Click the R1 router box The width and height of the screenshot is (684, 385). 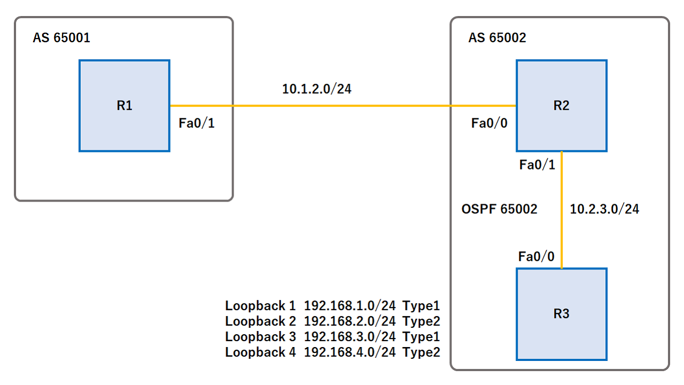tap(125, 106)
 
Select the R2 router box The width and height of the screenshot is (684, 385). tap(561, 106)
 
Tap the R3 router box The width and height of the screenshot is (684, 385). tap(561, 314)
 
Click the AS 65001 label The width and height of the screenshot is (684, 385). tap(61, 38)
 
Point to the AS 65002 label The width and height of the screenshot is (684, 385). tap(497, 38)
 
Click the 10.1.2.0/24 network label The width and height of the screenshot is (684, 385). tap(317, 89)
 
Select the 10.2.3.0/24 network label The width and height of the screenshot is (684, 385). tap(604, 209)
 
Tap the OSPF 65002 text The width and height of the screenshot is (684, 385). tap(499, 209)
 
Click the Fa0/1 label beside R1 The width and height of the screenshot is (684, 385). tap(196, 124)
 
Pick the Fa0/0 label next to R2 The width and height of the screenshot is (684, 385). tap(489, 124)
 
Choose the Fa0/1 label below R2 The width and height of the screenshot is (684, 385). tap(537, 165)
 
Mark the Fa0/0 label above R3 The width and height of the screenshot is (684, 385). tap(537, 257)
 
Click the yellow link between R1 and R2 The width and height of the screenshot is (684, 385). tap(342, 106)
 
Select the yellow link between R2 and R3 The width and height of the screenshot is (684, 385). tap(562, 209)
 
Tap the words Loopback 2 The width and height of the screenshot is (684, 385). tap(260, 321)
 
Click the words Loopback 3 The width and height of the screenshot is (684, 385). tap(260, 337)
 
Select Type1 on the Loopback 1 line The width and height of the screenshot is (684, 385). tap(421, 306)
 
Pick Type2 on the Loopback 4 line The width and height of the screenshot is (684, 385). tap(421, 352)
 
